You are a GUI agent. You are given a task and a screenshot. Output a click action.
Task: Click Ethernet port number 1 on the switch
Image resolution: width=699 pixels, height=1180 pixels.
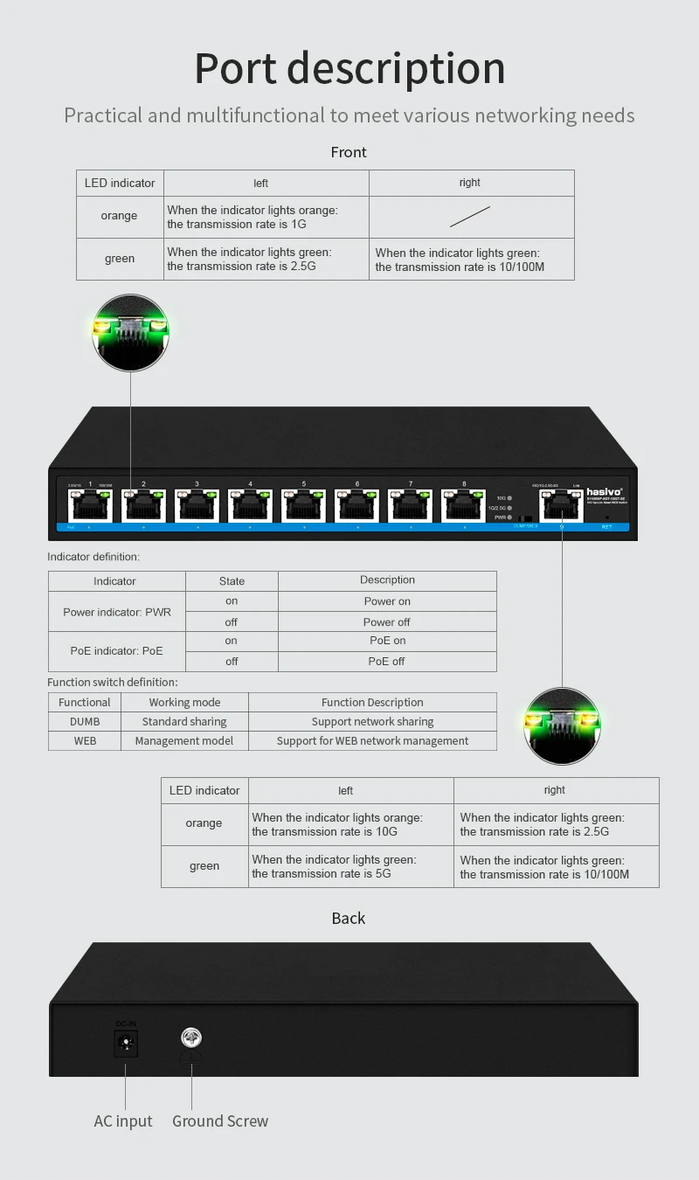[x=91, y=505]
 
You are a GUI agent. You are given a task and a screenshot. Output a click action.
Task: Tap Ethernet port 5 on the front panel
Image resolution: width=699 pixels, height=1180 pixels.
[x=304, y=505]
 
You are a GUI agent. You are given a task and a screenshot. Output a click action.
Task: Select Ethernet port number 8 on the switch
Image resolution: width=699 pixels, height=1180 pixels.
[x=464, y=505]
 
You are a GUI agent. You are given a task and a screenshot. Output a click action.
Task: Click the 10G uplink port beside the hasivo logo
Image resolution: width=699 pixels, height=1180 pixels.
[x=562, y=505]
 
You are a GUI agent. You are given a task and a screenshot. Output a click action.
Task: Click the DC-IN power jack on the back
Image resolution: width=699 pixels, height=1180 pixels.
[x=127, y=1043]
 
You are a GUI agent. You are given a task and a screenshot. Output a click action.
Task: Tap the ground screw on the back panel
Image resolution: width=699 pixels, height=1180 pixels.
[x=191, y=1038]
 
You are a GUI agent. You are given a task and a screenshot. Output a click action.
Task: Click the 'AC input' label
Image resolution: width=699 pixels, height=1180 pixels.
[x=123, y=1121]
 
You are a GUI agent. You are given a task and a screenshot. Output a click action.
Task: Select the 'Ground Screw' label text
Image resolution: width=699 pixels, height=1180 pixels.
[x=220, y=1121]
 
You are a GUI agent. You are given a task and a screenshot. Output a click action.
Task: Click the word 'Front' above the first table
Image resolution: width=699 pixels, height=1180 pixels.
[x=349, y=152]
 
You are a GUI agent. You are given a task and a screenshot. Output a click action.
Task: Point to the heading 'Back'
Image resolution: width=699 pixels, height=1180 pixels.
[x=349, y=918]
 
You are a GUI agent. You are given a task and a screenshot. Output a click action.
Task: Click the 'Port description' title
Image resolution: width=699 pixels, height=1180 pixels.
[x=349, y=68]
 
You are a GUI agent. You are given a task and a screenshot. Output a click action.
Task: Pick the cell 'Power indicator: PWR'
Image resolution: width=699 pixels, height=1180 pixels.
[x=117, y=612]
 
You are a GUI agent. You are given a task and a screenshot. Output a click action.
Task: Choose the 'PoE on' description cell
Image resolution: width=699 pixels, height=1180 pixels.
[x=387, y=641]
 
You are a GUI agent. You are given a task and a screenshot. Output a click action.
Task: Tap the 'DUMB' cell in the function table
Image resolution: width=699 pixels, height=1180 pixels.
[x=85, y=722]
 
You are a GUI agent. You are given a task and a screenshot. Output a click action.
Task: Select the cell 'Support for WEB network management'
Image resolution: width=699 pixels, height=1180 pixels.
[x=372, y=741]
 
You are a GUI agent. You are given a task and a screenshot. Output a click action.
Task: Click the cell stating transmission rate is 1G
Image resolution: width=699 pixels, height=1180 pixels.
[x=266, y=217]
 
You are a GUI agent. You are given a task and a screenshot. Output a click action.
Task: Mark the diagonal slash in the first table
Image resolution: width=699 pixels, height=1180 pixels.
[x=470, y=216]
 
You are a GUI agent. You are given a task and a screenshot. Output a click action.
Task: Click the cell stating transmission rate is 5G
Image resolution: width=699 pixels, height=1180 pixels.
[x=350, y=866]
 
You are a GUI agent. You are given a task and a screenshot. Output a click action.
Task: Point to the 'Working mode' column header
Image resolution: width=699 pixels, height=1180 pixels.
[x=184, y=703]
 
